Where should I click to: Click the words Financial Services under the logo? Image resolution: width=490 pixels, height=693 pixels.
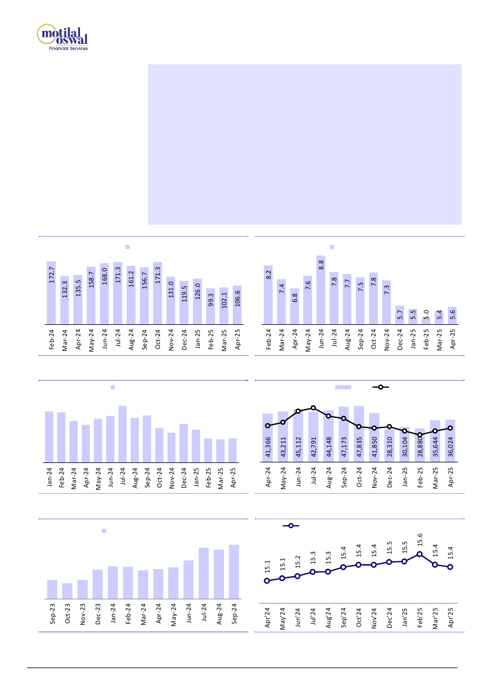[x=68, y=49]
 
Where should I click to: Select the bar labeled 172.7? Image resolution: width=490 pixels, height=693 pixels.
[x=52, y=293]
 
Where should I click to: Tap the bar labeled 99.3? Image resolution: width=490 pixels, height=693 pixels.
[x=211, y=306]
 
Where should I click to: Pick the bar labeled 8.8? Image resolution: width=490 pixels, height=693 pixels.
[x=321, y=290]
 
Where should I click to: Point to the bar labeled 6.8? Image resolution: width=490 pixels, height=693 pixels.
[x=294, y=306]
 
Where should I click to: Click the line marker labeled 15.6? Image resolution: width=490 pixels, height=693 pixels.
[x=419, y=554]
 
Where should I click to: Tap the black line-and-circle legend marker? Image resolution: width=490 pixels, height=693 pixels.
[x=380, y=387]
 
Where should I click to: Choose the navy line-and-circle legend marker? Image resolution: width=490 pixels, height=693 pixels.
[x=290, y=525]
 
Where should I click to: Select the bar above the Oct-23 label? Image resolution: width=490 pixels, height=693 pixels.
[x=68, y=591]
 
